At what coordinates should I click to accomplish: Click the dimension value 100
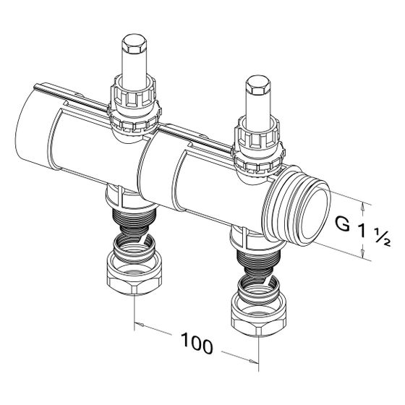197,344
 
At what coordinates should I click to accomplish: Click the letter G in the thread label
343,223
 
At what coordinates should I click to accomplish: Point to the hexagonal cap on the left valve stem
135,43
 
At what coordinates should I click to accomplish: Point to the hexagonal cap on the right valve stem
258,85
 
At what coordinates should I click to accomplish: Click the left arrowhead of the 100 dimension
140,325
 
